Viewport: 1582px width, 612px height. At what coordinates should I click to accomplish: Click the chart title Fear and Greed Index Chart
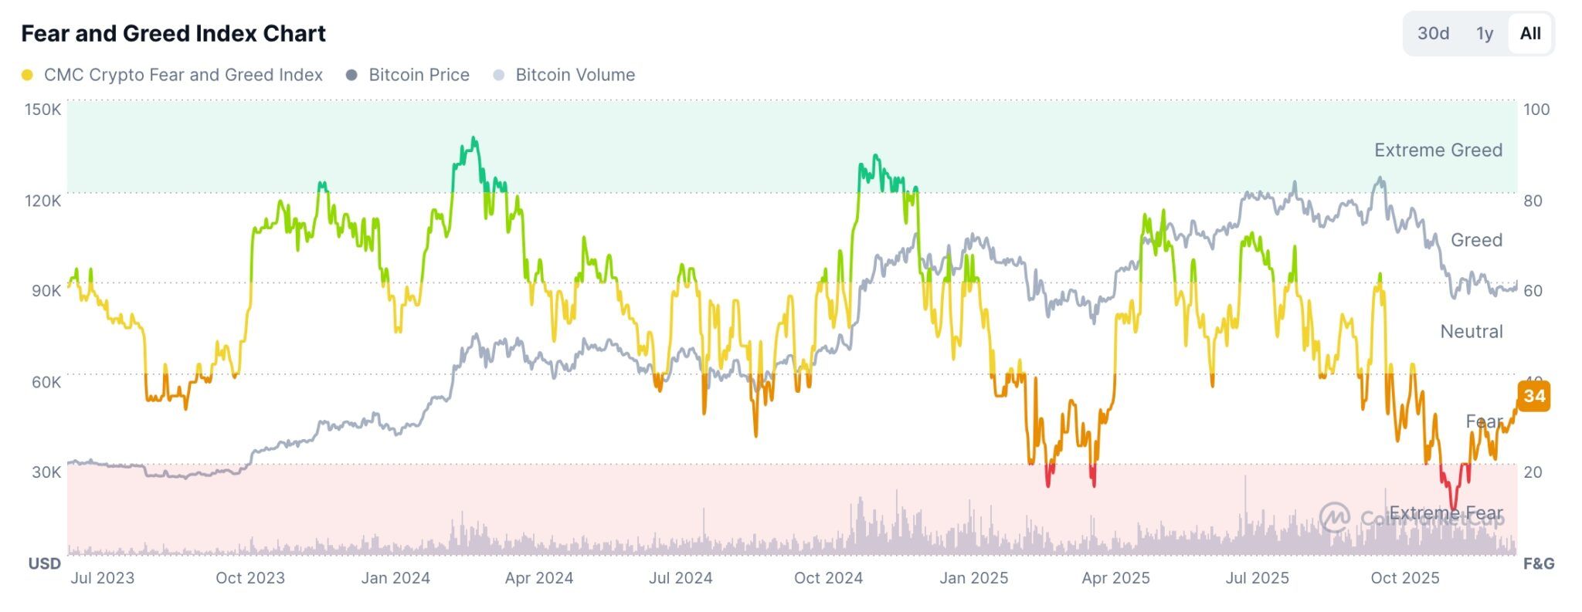tap(173, 33)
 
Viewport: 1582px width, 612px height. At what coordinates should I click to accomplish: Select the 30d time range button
tap(1432, 33)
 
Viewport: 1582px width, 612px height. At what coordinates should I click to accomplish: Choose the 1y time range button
tap(1484, 33)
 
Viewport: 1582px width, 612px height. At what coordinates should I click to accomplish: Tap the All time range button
tap(1529, 33)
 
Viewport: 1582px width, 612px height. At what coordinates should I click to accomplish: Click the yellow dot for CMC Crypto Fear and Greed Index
tap(27, 75)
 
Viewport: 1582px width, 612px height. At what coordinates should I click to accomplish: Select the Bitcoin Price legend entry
tap(418, 75)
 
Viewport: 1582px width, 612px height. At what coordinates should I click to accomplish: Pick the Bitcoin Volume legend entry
tap(575, 75)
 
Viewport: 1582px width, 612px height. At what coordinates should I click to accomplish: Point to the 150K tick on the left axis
tap(42, 109)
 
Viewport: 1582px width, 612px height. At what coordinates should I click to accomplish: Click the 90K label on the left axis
tap(46, 290)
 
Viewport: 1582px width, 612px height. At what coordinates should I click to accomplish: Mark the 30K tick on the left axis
tap(46, 472)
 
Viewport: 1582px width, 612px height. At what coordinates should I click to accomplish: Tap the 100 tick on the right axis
tap(1536, 109)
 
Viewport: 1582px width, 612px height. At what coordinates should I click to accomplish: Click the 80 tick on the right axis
tap(1533, 201)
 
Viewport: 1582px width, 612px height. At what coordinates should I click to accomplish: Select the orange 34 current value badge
tap(1533, 396)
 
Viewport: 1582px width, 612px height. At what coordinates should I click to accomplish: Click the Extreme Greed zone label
tap(1438, 150)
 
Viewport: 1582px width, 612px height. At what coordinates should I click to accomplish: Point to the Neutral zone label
tap(1471, 331)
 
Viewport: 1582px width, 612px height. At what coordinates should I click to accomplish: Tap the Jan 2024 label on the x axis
tap(395, 577)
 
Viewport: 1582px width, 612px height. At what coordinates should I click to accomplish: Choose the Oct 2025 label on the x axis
tap(1404, 577)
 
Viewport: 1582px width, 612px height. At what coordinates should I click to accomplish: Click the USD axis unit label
tap(44, 563)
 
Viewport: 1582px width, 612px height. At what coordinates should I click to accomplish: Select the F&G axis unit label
tap(1538, 563)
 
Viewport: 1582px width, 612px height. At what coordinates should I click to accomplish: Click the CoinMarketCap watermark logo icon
tap(1334, 517)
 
